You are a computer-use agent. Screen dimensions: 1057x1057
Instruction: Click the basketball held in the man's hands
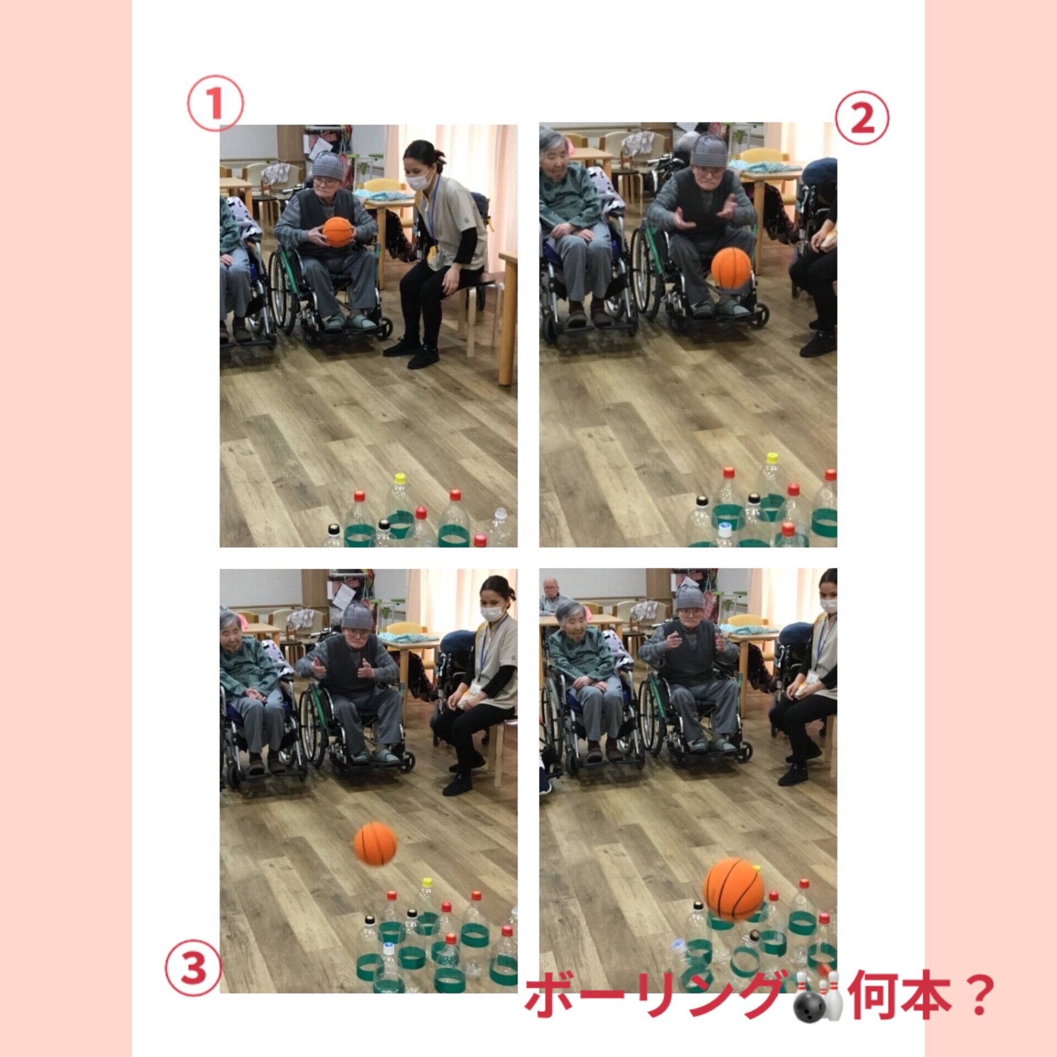pos(337,232)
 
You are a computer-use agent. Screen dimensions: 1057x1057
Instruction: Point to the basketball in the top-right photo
pos(731,268)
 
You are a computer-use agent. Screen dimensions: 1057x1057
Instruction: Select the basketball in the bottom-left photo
pos(375,843)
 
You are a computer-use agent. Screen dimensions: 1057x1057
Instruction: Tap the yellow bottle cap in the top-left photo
pos(400,478)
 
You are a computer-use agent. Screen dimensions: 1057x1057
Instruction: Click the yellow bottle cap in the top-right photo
pos(772,457)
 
